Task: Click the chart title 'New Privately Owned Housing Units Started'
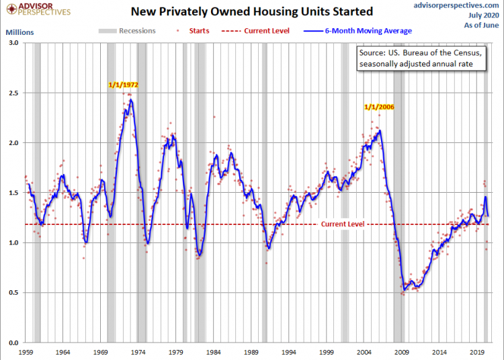(251, 12)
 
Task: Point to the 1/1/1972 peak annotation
(124, 85)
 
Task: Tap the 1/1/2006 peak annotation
(379, 106)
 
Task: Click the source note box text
(419, 58)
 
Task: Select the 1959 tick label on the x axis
(26, 351)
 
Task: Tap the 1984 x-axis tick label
(214, 351)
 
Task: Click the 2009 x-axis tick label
(401, 351)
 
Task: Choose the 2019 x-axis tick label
(476, 351)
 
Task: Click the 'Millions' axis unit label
(19, 32)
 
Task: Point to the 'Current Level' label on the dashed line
(342, 224)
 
